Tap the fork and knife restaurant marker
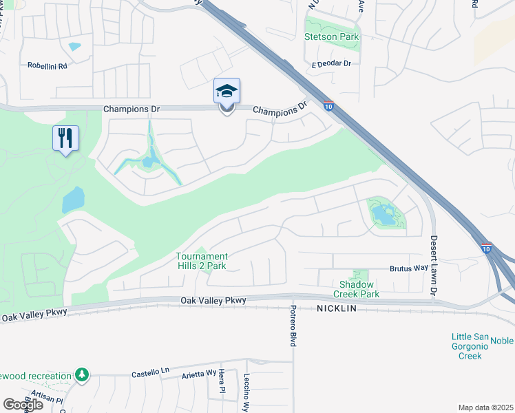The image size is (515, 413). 66,138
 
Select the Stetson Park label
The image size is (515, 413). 331,37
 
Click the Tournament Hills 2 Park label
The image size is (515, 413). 201,261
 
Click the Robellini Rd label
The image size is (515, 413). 47,66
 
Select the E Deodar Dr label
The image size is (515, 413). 331,64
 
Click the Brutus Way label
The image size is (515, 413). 409,268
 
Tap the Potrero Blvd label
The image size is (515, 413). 293,325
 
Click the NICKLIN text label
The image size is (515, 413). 337,309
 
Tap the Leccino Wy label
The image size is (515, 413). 246,392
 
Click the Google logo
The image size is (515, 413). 23,404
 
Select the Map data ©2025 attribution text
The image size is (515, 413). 485,407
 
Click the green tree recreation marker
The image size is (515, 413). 82,374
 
